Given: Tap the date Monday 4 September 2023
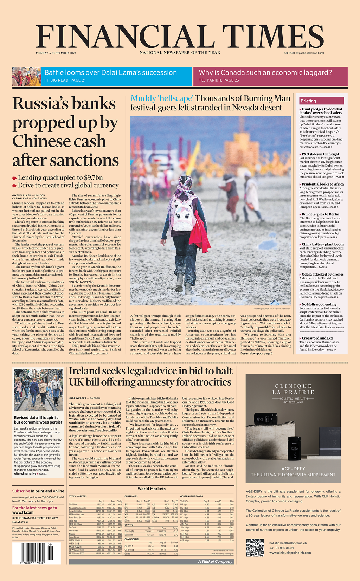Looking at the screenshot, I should point(56,53).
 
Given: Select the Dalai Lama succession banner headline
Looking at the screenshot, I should point(110,73).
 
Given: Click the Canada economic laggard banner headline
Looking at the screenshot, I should point(265,73).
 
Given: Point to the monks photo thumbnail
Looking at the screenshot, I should point(27,77).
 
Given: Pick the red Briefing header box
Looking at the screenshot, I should point(321,101).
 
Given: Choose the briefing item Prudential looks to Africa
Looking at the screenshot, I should point(323,184).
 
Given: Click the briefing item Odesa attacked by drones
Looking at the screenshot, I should point(323,275).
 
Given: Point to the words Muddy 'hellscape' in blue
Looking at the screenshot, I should point(162,98).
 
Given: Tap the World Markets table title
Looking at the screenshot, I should point(152,489).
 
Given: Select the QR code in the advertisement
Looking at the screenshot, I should point(255,547).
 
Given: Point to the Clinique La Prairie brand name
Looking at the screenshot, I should point(293,389).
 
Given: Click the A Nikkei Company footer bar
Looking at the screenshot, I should point(215,561).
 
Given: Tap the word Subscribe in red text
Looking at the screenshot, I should point(21,491).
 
